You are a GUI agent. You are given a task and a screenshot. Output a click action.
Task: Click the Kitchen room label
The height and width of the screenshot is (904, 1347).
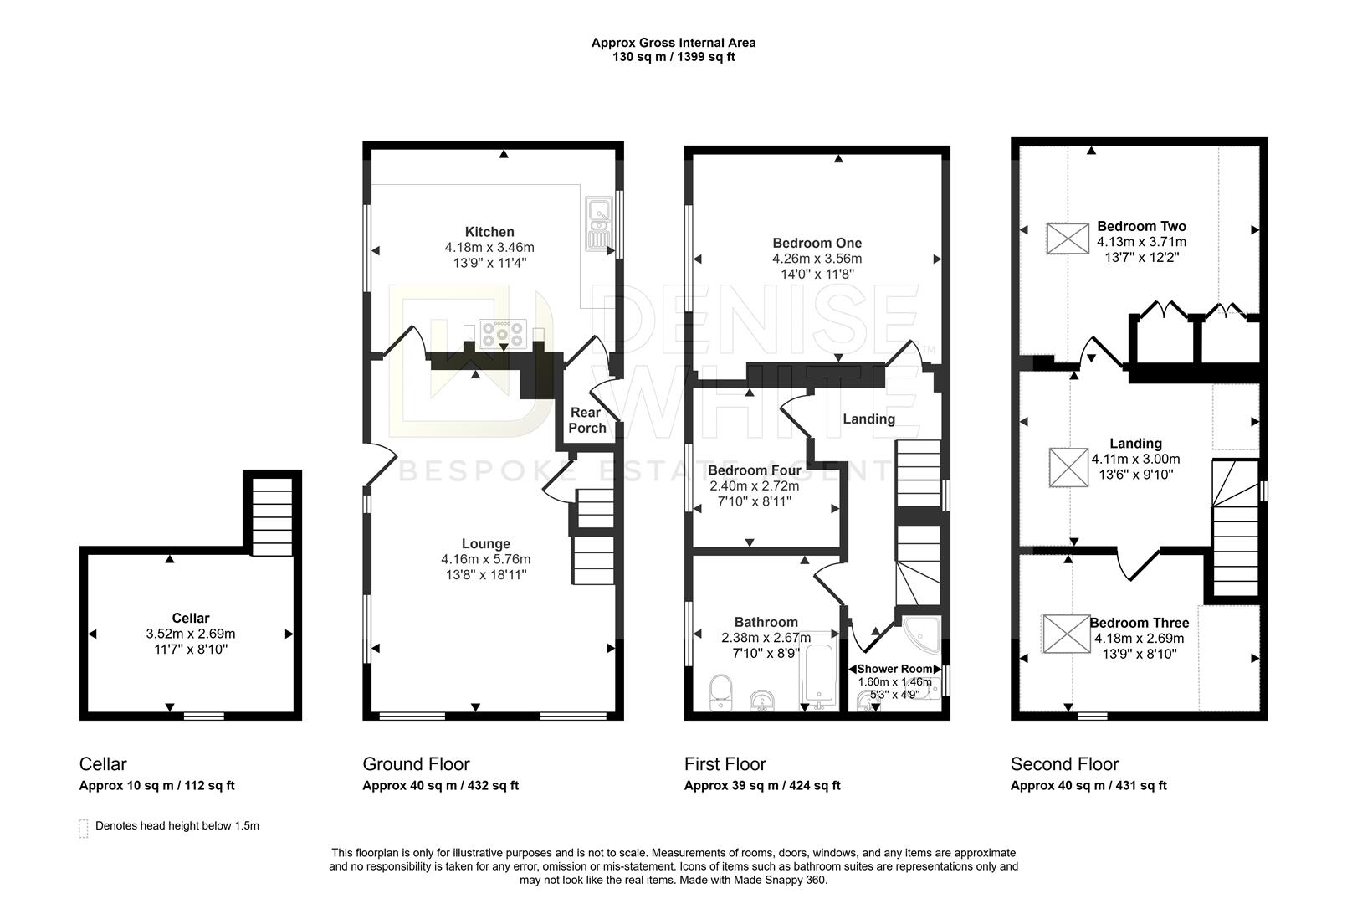[489, 232]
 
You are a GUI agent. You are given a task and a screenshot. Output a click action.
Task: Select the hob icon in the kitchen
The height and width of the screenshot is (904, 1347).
[503, 335]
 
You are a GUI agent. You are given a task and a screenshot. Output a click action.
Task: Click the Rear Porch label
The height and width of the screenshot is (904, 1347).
[587, 420]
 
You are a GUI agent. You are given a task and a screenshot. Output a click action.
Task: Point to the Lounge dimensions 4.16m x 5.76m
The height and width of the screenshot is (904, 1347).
[486, 559]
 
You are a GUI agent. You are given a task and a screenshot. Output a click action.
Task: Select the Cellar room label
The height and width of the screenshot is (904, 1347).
[191, 619]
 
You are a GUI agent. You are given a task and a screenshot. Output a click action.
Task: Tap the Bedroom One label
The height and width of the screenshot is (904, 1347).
[817, 244]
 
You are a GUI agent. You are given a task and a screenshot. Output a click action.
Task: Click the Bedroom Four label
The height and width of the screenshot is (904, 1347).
[754, 470]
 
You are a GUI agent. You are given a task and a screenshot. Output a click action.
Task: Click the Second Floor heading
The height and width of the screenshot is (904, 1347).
[1064, 764]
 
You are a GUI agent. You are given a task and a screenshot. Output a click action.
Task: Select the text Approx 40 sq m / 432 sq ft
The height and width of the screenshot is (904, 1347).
[440, 786]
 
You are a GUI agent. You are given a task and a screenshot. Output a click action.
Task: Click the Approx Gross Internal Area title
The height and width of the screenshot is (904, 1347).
[673, 43]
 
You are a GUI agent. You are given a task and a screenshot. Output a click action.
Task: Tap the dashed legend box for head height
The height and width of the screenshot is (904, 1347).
[83, 828]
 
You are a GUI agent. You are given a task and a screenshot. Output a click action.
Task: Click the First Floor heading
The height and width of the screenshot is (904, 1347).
[725, 764]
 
